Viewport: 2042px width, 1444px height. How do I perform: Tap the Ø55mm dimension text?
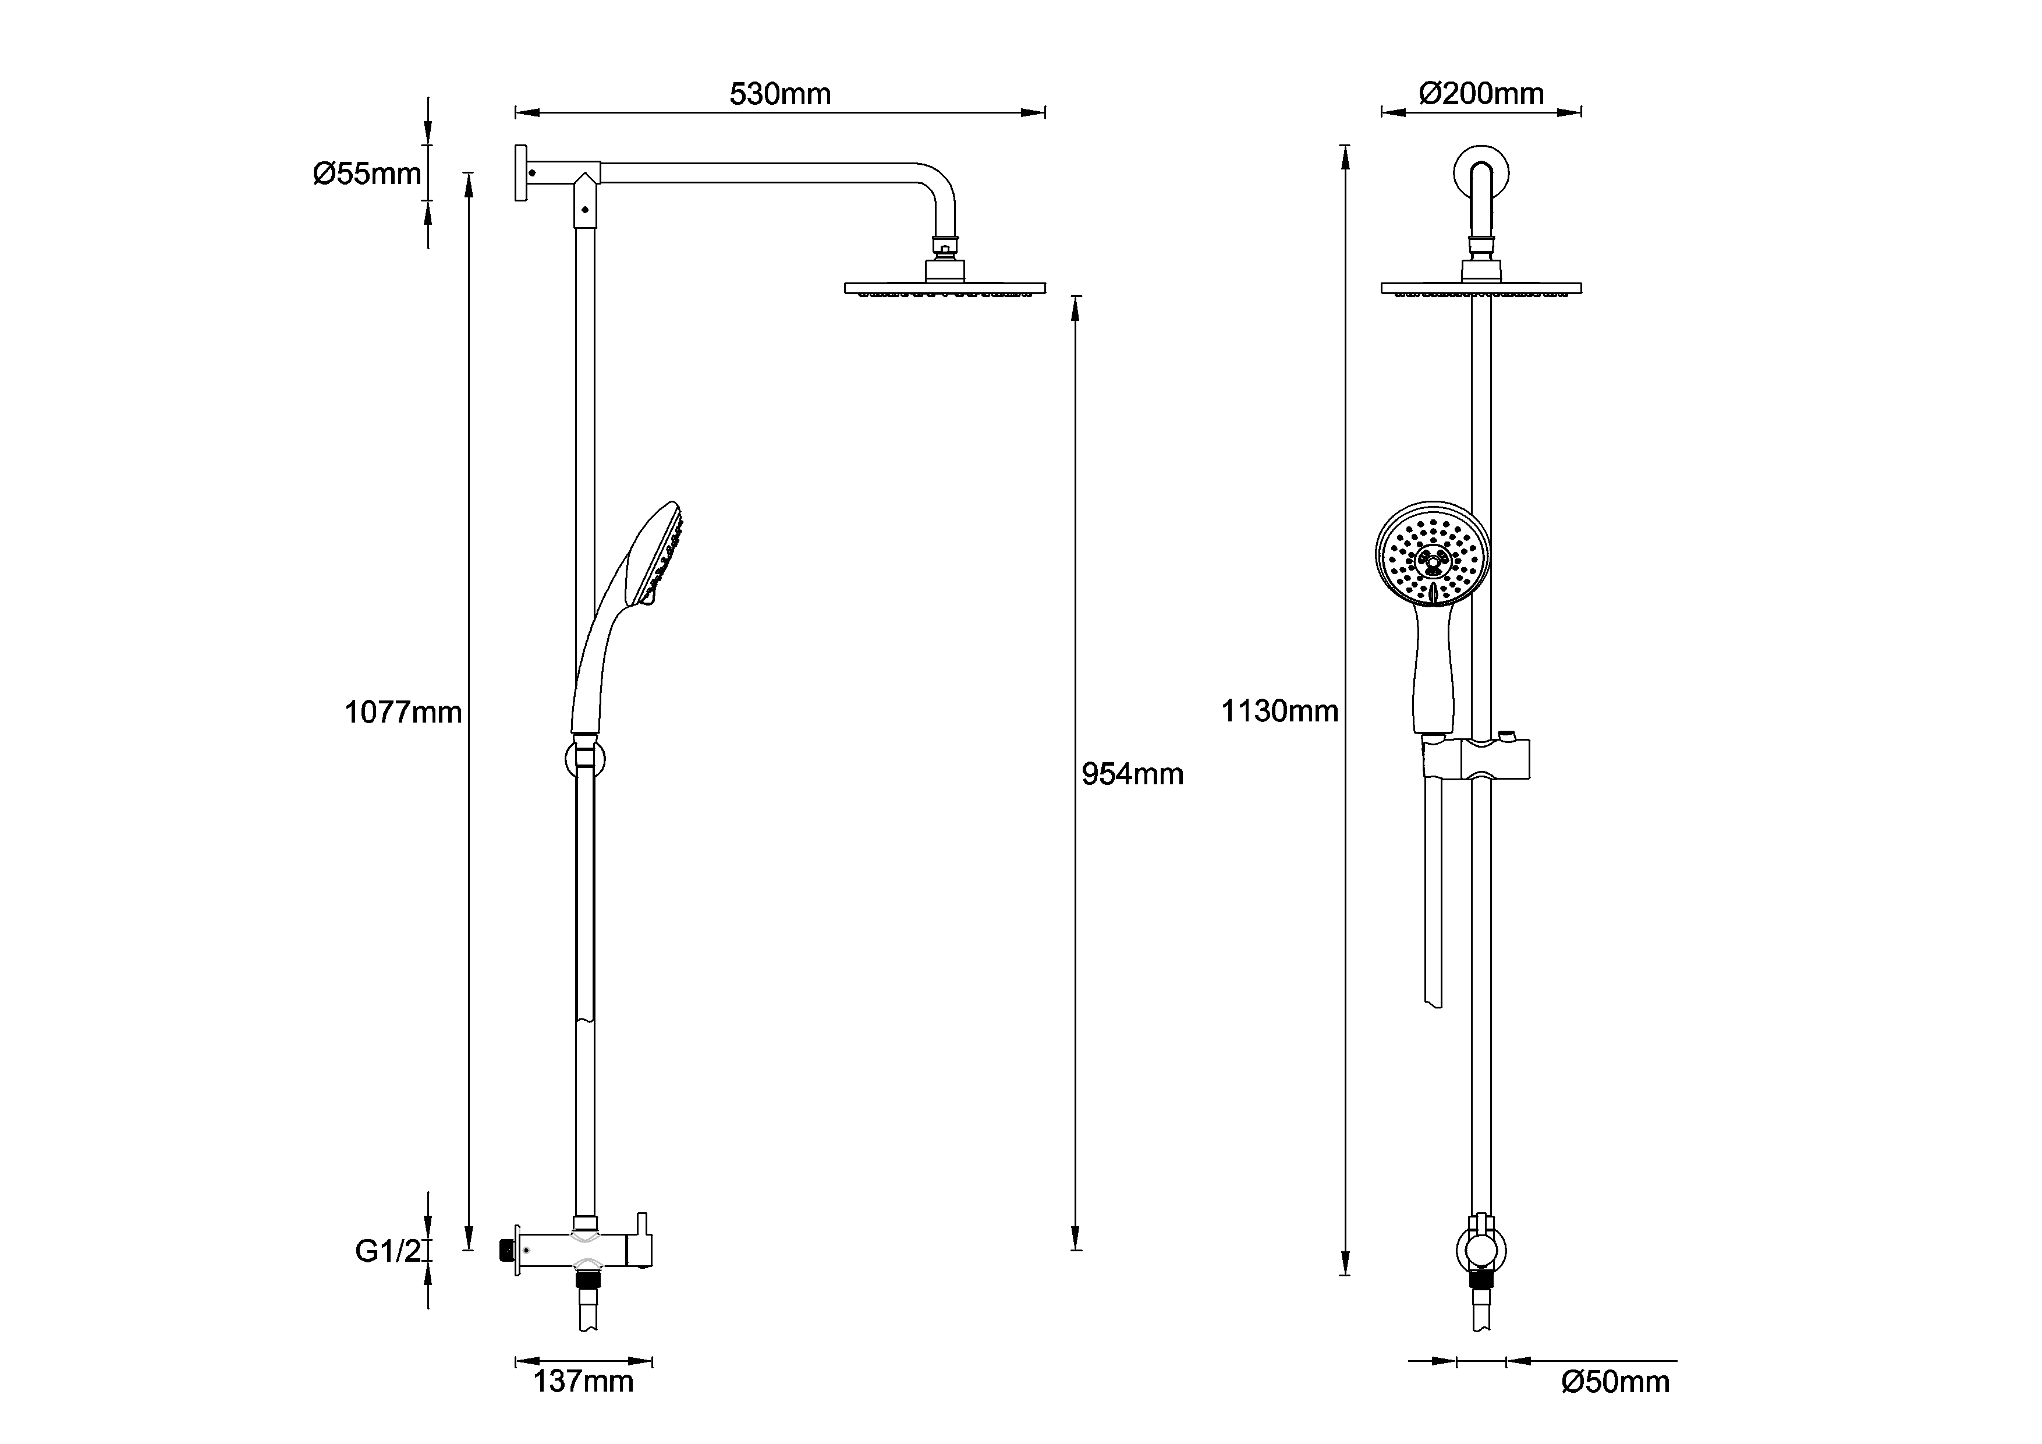(366, 174)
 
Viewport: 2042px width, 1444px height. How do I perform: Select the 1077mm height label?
(403, 713)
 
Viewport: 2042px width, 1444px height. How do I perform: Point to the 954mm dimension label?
(1132, 775)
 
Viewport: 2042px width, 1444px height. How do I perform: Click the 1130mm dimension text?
(1279, 711)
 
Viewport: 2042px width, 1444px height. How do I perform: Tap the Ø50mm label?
(1615, 1382)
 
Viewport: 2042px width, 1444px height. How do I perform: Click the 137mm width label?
(583, 1382)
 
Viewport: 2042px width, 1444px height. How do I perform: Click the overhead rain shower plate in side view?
(945, 288)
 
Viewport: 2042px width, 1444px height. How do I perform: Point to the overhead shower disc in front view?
(1481, 288)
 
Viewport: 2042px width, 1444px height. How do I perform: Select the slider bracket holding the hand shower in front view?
(1476, 759)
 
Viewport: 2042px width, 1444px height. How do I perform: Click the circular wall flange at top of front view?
(1481, 174)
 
